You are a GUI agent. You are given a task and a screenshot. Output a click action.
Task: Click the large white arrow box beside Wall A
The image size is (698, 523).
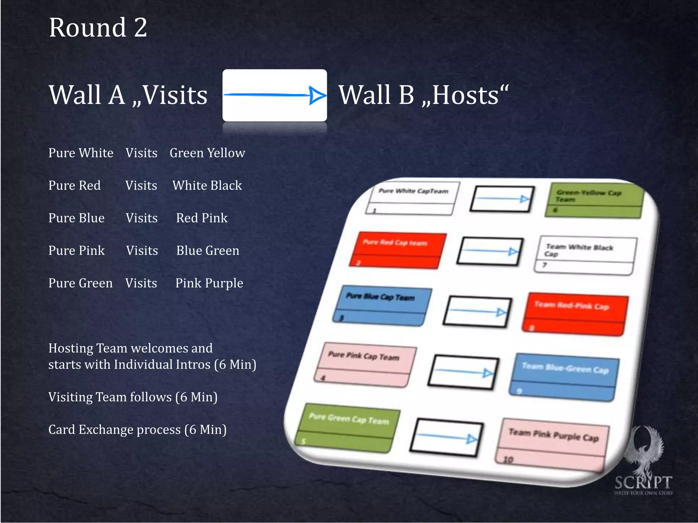pyautogui.click(x=274, y=95)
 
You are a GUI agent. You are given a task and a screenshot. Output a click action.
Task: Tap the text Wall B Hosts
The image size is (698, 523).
pyautogui.click(x=423, y=95)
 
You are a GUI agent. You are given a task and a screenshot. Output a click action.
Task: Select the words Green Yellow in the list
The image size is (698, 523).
pyautogui.click(x=207, y=153)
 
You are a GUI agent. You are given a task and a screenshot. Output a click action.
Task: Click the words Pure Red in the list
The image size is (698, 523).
pyautogui.click(x=75, y=186)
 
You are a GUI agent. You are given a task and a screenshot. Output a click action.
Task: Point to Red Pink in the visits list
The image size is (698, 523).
pyautogui.click(x=202, y=218)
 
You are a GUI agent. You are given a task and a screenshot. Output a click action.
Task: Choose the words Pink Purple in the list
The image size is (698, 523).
pyautogui.click(x=209, y=283)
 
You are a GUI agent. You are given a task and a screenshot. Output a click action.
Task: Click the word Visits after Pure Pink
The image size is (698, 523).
pyautogui.click(x=142, y=251)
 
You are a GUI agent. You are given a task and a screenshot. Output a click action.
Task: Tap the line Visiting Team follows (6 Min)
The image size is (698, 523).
pyautogui.click(x=133, y=397)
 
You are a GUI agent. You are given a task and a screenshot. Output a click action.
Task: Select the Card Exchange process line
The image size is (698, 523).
pyautogui.click(x=137, y=430)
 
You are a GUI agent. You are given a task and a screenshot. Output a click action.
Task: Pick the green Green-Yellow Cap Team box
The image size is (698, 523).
pyautogui.click(x=594, y=201)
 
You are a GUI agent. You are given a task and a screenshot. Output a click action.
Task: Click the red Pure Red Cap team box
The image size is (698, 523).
pyautogui.click(x=397, y=250)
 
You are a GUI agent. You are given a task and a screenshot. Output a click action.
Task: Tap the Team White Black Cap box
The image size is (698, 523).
pyautogui.click(x=585, y=255)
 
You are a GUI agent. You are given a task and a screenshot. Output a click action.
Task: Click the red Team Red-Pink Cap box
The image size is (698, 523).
pyautogui.click(x=575, y=314)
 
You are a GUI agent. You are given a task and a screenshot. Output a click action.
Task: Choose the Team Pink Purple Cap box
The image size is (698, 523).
pyautogui.click(x=552, y=444)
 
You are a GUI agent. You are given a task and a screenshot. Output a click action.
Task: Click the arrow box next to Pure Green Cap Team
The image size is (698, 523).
pyautogui.click(x=446, y=438)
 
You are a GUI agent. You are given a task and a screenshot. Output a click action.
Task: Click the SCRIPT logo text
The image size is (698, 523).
pyautogui.click(x=643, y=483)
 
